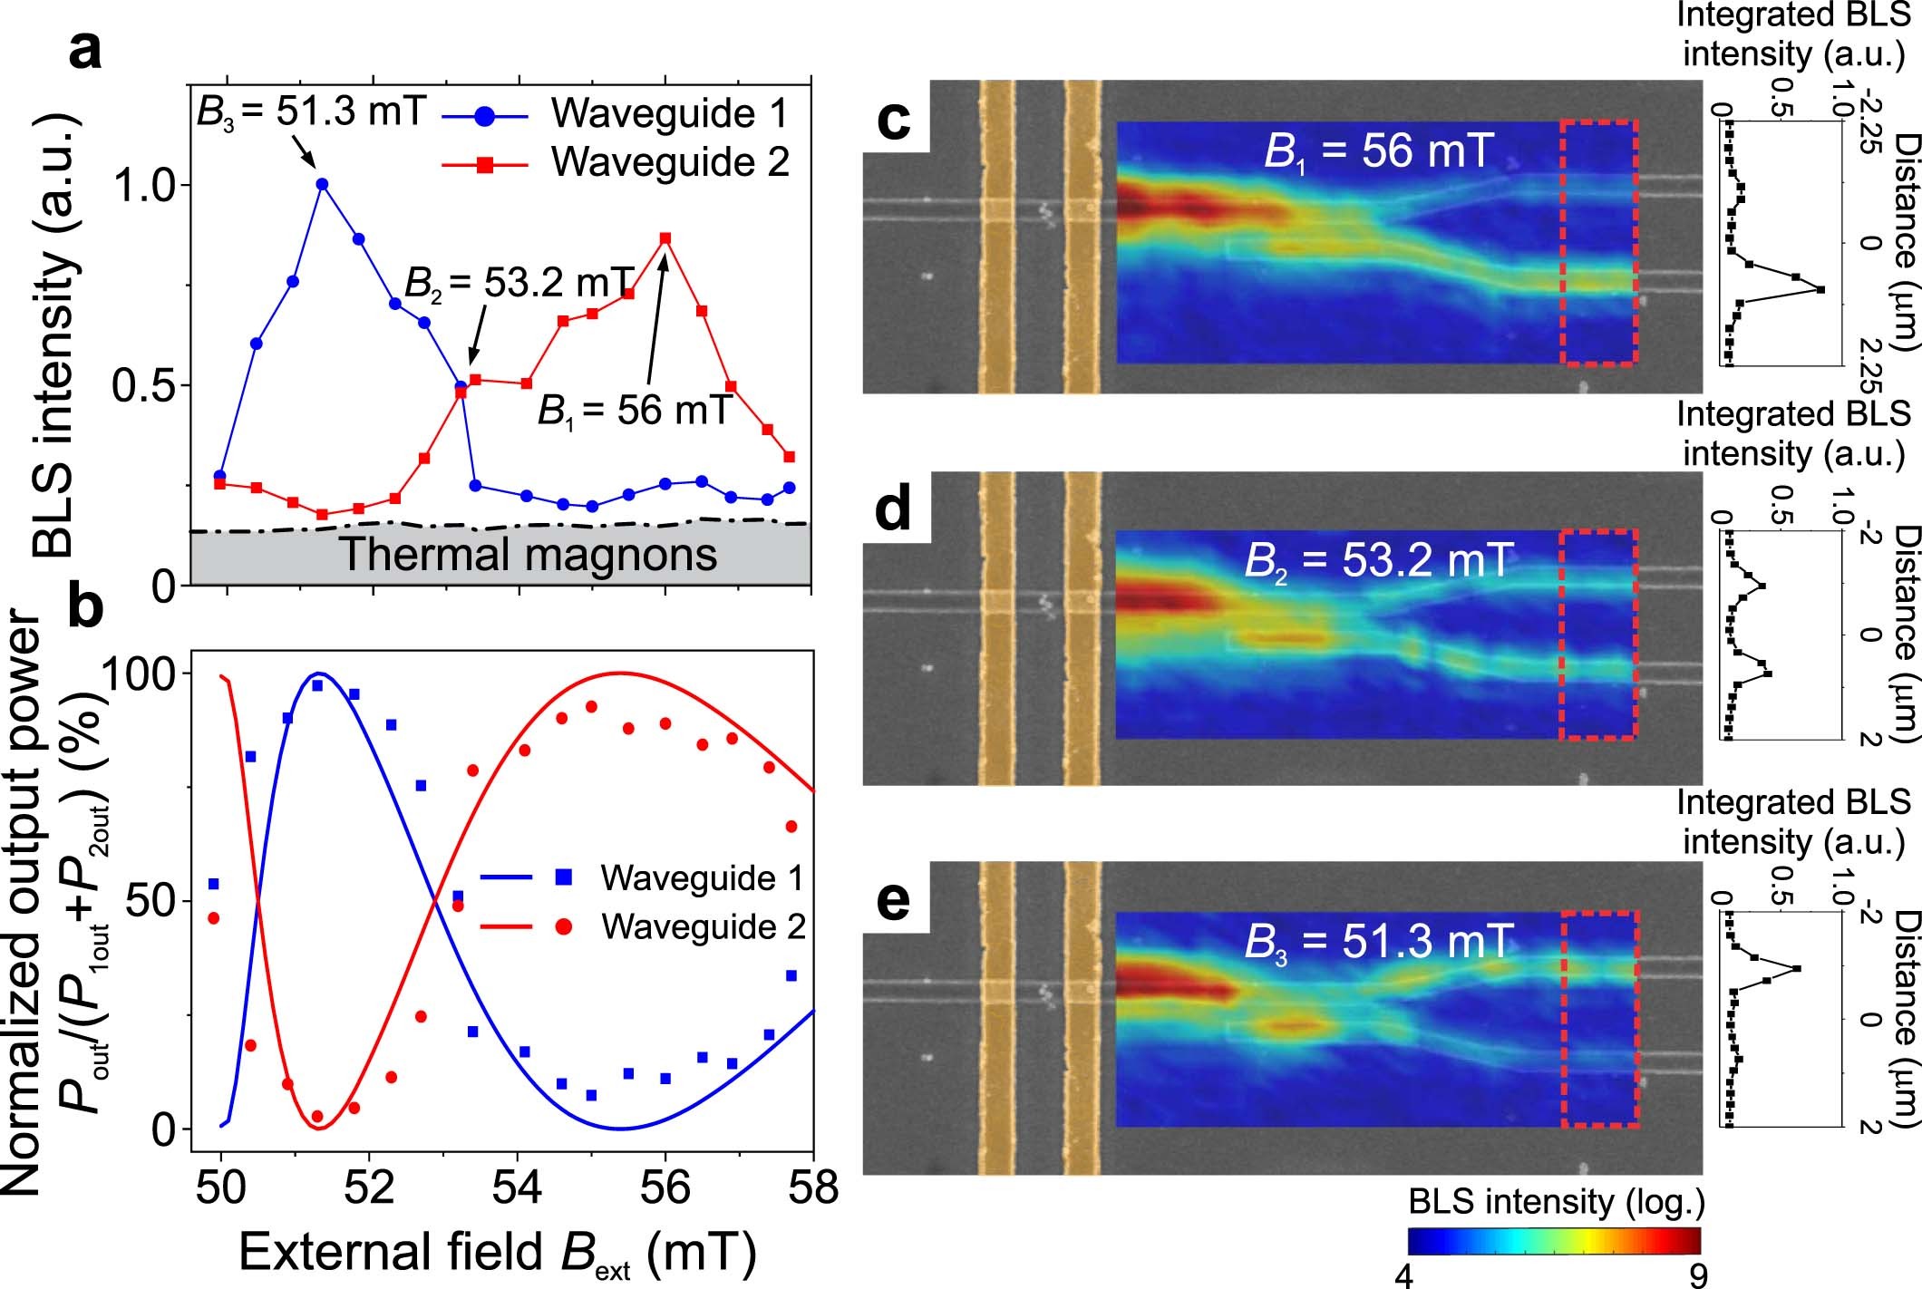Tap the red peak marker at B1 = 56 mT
(x=665, y=238)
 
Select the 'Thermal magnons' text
(x=529, y=554)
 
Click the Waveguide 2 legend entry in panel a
(x=616, y=163)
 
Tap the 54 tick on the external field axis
(x=517, y=1187)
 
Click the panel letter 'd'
(x=893, y=509)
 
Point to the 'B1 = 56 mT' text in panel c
(x=1378, y=150)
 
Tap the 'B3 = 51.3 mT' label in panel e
(x=1378, y=943)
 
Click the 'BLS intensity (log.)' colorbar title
(x=1557, y=1203)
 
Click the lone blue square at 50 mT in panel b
(x=214, y=884)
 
